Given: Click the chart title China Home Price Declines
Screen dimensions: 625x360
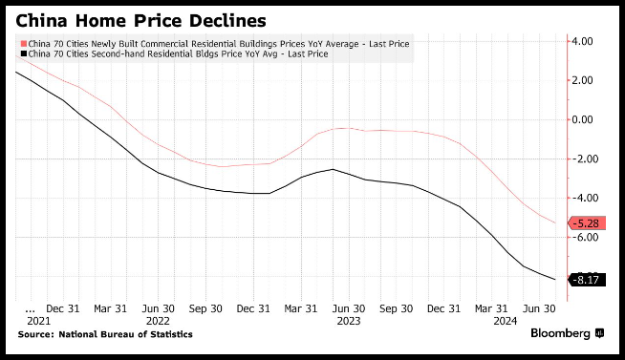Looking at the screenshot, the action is (x=140, y=21).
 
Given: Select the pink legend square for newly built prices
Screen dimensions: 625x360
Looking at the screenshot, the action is (x=24, y=43).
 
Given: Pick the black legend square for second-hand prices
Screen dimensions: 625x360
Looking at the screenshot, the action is (x=24, y=53).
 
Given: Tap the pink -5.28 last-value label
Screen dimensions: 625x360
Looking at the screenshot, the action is (x=586, y=223).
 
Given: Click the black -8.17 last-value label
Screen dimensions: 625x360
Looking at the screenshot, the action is (x=586, y=280).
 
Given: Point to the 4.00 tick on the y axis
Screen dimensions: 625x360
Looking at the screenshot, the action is (x=582, y=41).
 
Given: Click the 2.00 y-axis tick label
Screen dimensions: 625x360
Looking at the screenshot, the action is (x=582, y=80).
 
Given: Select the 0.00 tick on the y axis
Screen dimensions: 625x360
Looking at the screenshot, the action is (x=582, y=119).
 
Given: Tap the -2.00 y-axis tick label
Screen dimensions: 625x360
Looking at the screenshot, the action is (x=583, y=159).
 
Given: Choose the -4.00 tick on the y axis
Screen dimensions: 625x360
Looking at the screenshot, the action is (x=583, y=198).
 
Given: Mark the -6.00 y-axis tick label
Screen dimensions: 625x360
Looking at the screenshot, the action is (x=583, y=237).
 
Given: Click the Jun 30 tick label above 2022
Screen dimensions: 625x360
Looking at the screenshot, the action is (x=159, y=308).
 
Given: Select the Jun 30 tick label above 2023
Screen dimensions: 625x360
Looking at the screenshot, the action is (x=349, y=308).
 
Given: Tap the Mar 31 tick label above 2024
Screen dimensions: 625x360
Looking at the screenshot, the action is (x=491, y=308).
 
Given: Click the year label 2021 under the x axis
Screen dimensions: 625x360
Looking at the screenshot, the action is (x=38, y=321).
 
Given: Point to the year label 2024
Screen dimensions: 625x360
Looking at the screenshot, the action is (x=505, y=321).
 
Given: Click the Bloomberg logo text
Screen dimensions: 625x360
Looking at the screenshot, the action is (x=560, y=333).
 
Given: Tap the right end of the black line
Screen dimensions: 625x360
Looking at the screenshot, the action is (x=555, y=279).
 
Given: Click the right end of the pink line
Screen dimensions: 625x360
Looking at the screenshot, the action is (x=555, y=222).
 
